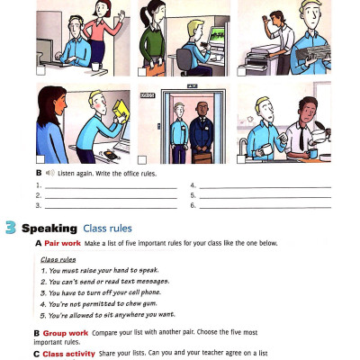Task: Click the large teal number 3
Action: tap(11, 228)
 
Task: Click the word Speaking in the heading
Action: tap(49, 229)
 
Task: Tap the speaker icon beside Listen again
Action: tap(50, 173)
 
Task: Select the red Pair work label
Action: tap(62, 243)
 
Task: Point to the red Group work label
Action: tap(66, 333)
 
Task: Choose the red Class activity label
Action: tap(68, 354)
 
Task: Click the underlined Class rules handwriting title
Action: tap(58, 259)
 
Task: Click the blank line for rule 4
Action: tap(265, 188)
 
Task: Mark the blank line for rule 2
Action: tap(111, 198)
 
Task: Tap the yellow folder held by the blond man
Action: tap(121, 110)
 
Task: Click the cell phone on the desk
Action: tap(109, 155)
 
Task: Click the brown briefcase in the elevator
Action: tap(202, 157)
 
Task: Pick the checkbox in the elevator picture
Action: tap(142, 160)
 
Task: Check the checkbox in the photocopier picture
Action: tap(241, 72)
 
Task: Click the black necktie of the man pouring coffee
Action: tap(302, 137)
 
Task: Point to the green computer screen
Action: tap(217, 35)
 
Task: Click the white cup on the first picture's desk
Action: tap(95, 67)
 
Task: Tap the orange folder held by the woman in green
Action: tap(155, 68)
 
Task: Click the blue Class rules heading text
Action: tap(107, 229)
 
